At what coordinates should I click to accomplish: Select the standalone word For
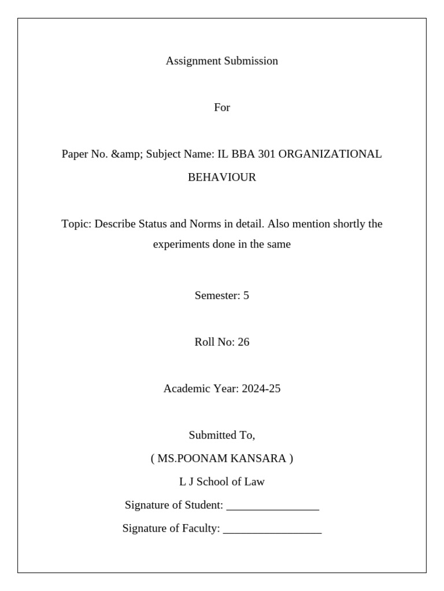(222, 107)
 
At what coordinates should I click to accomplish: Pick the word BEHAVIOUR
(222, 177)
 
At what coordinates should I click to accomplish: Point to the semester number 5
(246, 295)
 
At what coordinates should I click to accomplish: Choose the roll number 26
(243, 342)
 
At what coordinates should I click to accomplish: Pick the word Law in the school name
(255, 481)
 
